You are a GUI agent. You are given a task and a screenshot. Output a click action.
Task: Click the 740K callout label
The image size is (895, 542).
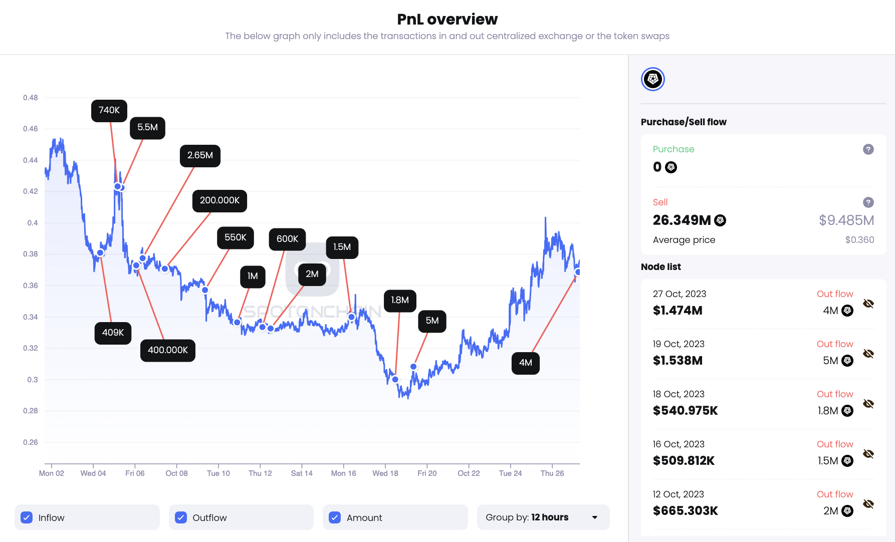109,110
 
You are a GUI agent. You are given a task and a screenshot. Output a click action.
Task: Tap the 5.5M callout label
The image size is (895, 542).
147,128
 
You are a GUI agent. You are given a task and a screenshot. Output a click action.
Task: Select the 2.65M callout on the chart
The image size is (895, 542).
200,156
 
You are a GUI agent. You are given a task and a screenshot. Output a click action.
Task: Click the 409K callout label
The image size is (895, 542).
113,333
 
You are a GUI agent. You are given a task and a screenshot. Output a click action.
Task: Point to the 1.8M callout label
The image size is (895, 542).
400,301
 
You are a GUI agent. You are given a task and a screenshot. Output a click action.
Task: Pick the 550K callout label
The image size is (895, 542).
235,237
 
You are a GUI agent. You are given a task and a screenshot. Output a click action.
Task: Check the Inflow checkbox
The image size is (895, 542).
27,517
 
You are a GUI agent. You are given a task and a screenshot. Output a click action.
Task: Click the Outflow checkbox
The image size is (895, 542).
181,517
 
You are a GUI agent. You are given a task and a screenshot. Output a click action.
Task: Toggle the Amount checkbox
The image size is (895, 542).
335,517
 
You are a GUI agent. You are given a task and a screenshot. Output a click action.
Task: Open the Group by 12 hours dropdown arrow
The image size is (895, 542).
595,517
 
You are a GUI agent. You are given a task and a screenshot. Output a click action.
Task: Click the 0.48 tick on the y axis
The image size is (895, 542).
30,98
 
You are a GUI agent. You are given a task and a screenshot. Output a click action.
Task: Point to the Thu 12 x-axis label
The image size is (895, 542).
260,473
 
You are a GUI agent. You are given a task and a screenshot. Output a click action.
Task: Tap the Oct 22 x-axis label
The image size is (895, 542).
469,473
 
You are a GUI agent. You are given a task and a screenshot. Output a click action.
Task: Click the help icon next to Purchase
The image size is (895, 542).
868,149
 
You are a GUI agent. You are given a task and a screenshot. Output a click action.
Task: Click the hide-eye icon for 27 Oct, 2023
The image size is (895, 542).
868,304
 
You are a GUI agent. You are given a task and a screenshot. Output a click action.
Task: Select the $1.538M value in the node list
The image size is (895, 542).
678,361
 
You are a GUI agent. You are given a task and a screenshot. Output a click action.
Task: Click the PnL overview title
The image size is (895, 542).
447,19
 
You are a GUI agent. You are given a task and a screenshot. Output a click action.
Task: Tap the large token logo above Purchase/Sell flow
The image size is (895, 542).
653,79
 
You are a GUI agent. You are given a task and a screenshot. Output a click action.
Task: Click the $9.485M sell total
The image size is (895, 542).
846,220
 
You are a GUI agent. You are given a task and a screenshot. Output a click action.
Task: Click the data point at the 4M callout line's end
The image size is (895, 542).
578,272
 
